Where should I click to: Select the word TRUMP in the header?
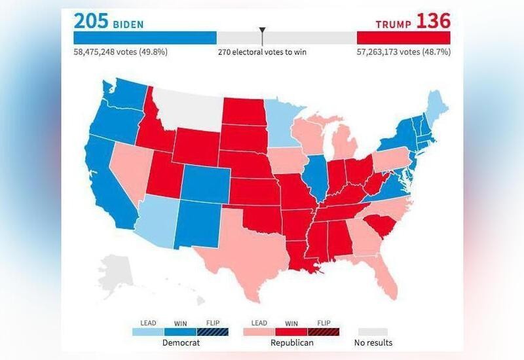click(x=394, y=24)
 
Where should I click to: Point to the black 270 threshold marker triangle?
click(x=262, y=31)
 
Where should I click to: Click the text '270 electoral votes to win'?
click(x=262, y=52)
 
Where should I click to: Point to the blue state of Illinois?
click(x=317, y=177)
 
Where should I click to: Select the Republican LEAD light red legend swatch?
click(x=259, y=332)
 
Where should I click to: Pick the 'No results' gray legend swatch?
click(x=373, y=332)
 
